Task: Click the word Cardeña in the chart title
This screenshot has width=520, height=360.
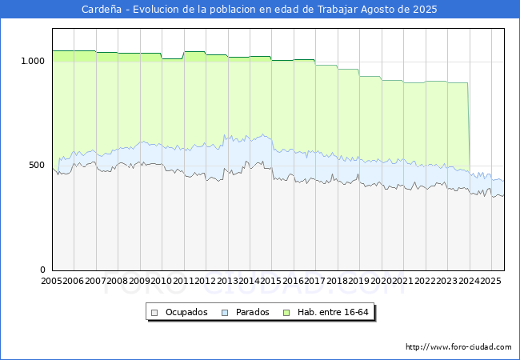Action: click(102, 10)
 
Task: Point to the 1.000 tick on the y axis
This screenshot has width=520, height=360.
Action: click(32, 61)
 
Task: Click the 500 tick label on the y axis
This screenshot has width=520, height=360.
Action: click(37, 166)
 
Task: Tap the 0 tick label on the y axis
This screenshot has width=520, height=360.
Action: click(43, 270)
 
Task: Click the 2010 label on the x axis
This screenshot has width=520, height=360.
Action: click(162, 282)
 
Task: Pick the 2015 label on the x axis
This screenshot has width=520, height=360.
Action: click(272, 282)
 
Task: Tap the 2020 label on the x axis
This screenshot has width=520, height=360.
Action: click(382, 282)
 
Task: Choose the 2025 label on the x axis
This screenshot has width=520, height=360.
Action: click(491, 282)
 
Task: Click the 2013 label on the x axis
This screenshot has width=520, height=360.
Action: click(228, 282)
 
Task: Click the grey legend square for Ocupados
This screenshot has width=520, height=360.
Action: click(155, 312)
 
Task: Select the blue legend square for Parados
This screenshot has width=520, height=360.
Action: click(226, 312)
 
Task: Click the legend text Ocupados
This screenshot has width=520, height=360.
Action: click(186, 312)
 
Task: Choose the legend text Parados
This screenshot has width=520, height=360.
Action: click(252, 312)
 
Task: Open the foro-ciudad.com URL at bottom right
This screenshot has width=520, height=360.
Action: click(458, 347)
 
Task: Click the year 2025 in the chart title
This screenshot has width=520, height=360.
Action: click(425, 10)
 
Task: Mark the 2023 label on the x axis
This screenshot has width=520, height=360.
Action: click(447, 282)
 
